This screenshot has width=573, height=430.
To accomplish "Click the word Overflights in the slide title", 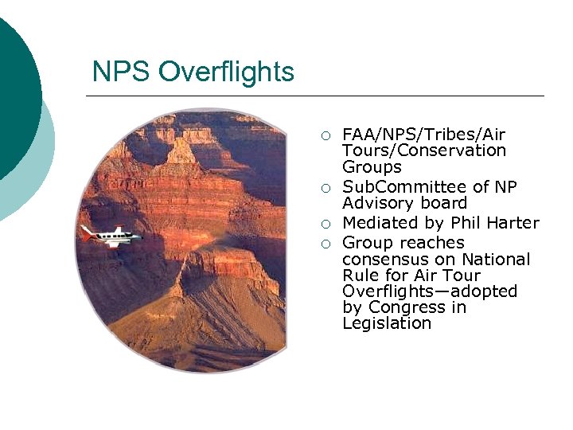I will pos(226,72).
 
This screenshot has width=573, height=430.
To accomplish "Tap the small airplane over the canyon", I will pos(111,236).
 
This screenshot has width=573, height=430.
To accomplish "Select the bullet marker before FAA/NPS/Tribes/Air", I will pos(325,135).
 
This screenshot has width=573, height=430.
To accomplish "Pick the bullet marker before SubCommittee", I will pos(325,188).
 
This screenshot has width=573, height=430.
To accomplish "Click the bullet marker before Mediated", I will pos(325,224).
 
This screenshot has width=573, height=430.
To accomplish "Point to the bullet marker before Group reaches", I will pos(325,244).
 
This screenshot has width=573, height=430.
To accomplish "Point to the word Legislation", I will pos(387,323).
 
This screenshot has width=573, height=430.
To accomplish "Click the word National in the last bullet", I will pos(495,260).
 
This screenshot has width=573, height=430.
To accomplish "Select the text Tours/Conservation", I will pos(424,150).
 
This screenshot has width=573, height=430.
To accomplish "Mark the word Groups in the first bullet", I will pos(372,167).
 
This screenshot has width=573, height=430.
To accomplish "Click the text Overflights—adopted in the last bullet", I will pos(430,291).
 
